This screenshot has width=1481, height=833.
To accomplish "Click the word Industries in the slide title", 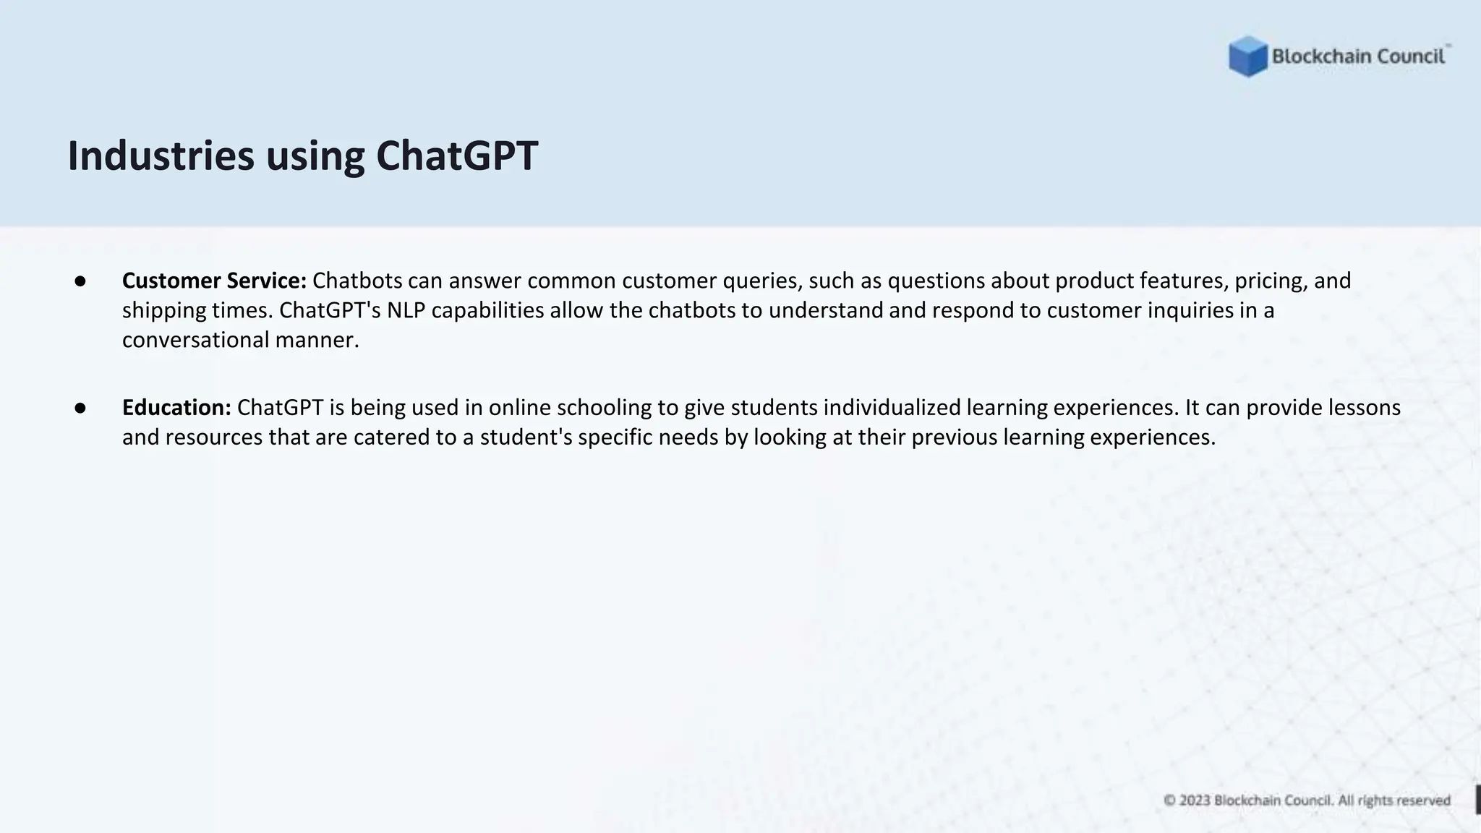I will click(161, 155).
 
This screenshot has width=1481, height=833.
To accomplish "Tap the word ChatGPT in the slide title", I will click(456, 155).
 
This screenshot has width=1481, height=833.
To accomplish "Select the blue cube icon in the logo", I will click(1247, 56).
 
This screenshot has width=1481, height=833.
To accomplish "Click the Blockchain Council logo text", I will click(1358, 56).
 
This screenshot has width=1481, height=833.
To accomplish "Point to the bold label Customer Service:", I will click(214, 281).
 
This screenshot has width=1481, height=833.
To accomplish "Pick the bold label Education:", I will click(176, 408).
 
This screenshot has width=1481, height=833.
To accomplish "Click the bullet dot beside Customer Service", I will click(80, 281).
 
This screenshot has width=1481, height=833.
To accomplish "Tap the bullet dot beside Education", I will click(80, 408).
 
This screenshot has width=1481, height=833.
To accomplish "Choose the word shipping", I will click(163, 310).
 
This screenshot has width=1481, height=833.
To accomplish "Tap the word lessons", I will click(1365, 408).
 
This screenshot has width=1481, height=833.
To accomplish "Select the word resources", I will click(213, 437).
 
